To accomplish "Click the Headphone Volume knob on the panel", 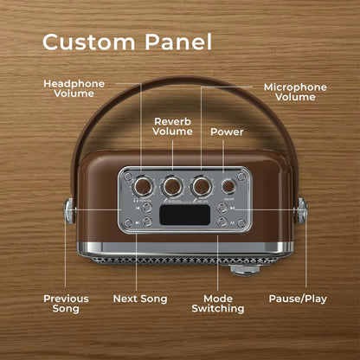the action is (144, 186).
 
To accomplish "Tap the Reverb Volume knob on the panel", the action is (172, 186).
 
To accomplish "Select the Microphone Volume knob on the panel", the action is (201, 186).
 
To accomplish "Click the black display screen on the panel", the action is (185, 215).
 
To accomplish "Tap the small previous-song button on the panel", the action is (147, 208).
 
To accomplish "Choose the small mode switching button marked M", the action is (222, 222).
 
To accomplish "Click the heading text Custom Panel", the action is (127, 42).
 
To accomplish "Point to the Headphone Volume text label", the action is (74, 88).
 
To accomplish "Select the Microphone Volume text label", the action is (295, 92).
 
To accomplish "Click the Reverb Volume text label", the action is (173, 126).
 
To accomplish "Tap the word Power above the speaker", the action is (227, 132).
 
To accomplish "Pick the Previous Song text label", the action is (66, 304).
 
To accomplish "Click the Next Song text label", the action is (140, 299).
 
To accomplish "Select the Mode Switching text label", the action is (218, 304).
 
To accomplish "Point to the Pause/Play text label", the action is (298, 299).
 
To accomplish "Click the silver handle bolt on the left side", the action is (69, 211).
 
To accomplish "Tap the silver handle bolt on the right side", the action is (301, 211).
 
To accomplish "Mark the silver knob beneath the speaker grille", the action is (245, 270).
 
